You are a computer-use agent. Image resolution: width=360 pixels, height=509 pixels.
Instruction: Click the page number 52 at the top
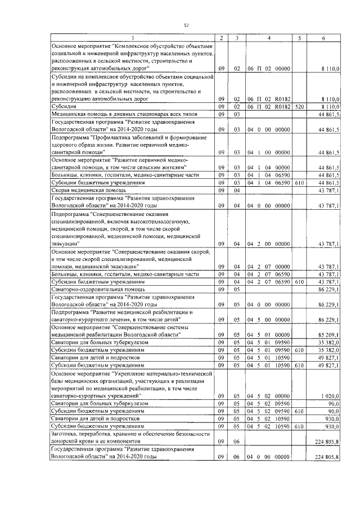pos(186,25)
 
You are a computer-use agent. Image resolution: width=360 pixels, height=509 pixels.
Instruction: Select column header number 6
pos(323,38)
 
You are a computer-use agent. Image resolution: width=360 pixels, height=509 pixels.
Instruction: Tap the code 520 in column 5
pos(299,106)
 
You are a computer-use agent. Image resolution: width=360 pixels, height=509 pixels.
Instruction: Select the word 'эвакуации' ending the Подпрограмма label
pos(65,244)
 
